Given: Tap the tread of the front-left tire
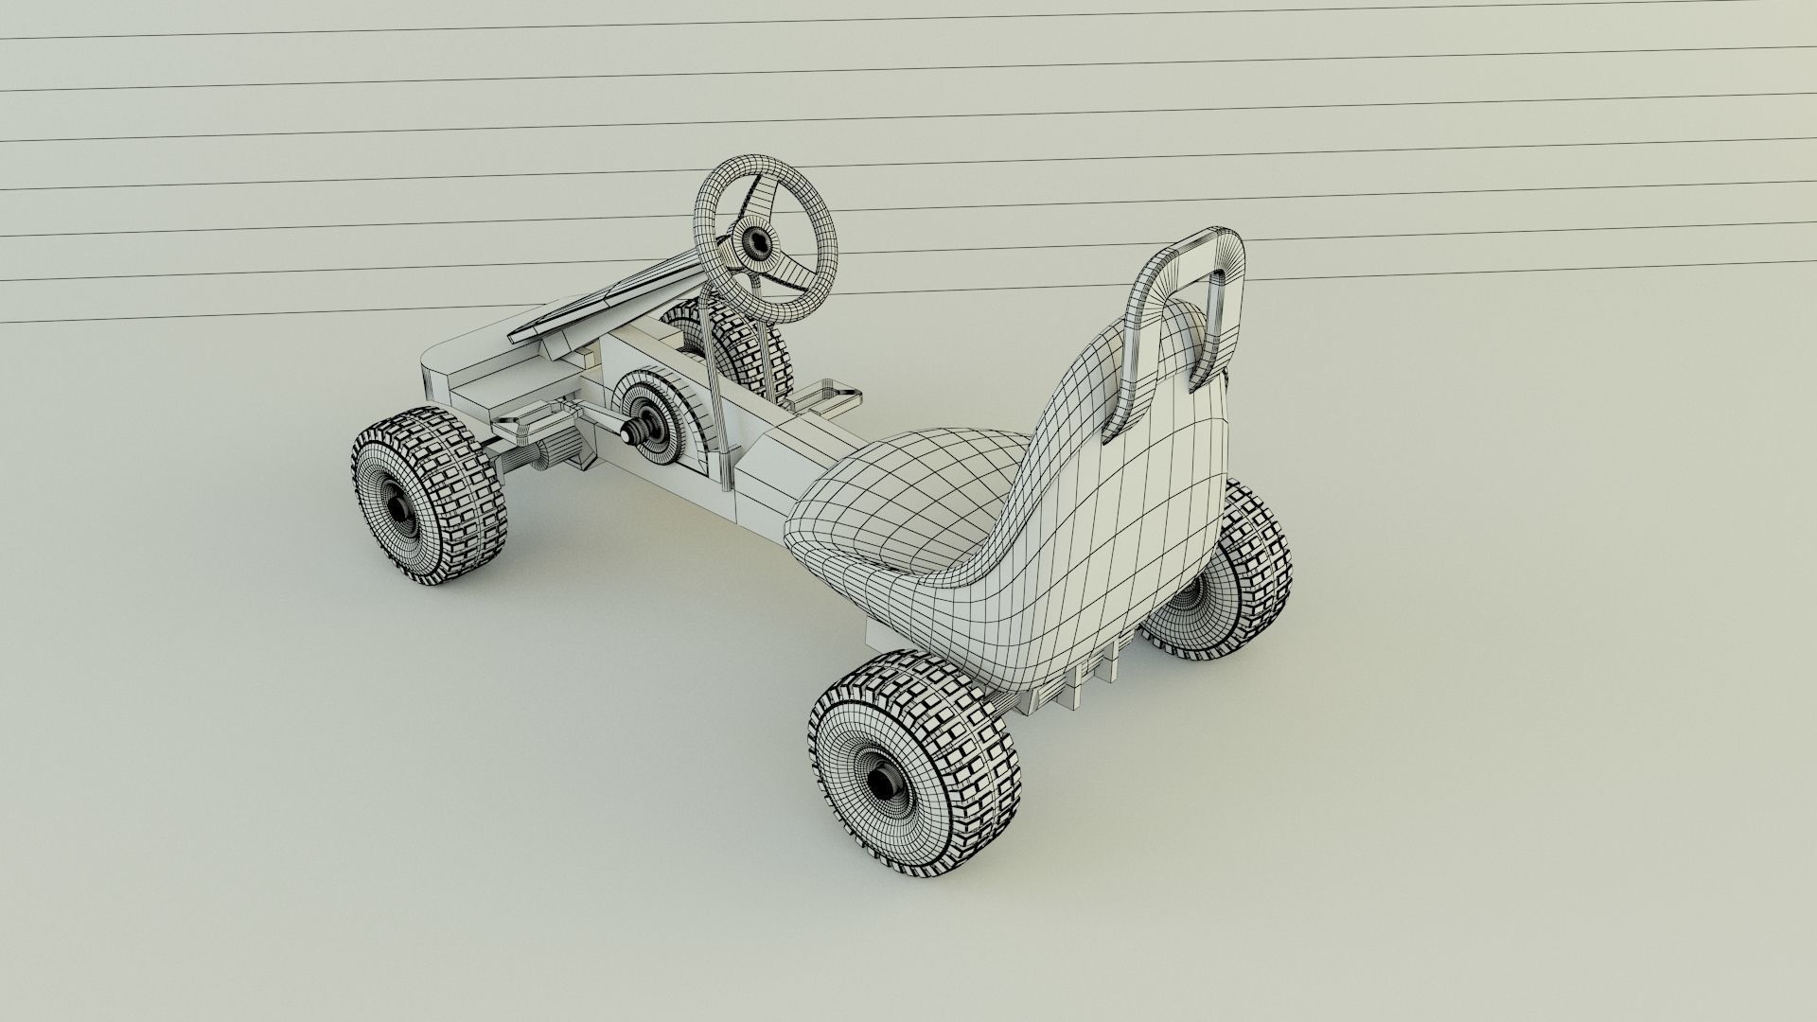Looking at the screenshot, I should pos(473,473).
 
